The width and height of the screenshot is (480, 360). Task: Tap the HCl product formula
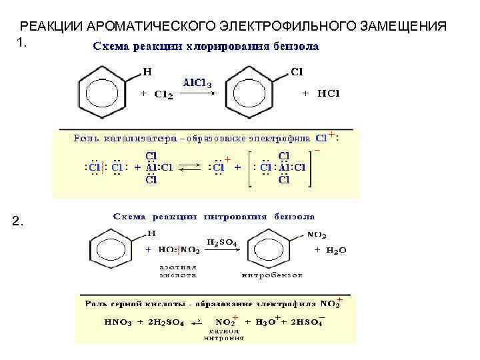coord(328,94)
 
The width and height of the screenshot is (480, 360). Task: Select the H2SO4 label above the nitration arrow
coord(222,243)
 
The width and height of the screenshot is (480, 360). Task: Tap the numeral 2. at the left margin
coord(19,223)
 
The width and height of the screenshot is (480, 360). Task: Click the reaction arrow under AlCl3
coord(197,94)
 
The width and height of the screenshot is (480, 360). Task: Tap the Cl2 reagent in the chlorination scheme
coord(163,95)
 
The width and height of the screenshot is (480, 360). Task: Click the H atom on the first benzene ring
coord(147,70)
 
